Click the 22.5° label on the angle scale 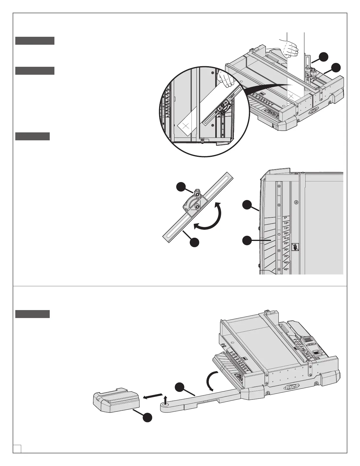point(286,238)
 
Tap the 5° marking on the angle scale point(285,218)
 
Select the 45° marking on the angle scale point(286,269)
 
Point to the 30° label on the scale point(286,249)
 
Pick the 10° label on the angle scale point(286,223)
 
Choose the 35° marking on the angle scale point(286,256)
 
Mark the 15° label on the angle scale point(286,228)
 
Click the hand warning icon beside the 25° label point(295,247)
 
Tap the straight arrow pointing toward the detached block point(153,395)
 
